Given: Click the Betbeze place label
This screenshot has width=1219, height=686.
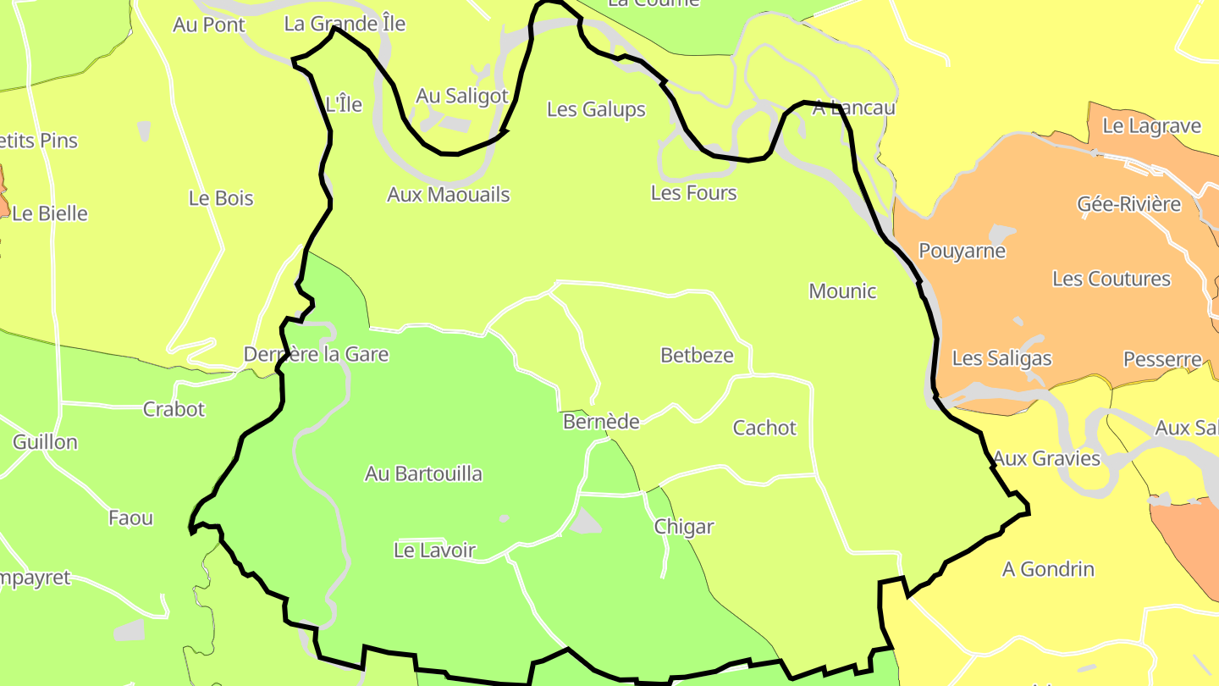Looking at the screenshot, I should click(x=697, y=355).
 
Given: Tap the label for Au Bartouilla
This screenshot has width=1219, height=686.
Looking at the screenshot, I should click(x=423, y=473).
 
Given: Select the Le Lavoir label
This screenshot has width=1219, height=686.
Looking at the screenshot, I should click(x=435, y=550).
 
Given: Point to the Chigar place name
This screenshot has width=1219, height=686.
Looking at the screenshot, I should click(x=684, y=527).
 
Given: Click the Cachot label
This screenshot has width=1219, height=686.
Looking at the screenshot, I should click(x=764, y=428).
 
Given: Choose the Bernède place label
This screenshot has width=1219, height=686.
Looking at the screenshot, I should click(x=601, y=421).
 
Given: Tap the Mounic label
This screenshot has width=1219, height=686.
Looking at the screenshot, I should click(x=842, y=291).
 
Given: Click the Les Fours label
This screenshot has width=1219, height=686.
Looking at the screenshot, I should click(x=693, y=193).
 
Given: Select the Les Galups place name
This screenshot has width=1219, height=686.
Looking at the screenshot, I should click(x=596, y=109).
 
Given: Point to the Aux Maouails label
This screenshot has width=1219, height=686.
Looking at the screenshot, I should click(x=449, y=195).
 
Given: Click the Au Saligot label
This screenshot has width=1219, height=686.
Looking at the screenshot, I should click(x=462, y=97).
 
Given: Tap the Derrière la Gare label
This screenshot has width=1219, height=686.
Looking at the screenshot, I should click(x=316, y=354).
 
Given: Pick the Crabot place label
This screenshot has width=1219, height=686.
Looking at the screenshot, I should click(x=174, y=409).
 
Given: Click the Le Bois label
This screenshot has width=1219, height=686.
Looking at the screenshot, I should click(x=221, y=198).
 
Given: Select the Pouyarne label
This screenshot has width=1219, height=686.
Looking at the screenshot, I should click(x=962, y=251).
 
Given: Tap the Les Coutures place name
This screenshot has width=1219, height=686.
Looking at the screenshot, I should click(x=1111, y=279).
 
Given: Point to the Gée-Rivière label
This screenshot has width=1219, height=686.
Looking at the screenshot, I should click(x=1128, y=204).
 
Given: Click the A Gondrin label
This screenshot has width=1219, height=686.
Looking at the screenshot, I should click(x=1048, y=569).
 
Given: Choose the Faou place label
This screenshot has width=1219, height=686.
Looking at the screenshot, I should click(x=130, y=517).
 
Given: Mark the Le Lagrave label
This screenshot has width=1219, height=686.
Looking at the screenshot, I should click(x=1151, y=126).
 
